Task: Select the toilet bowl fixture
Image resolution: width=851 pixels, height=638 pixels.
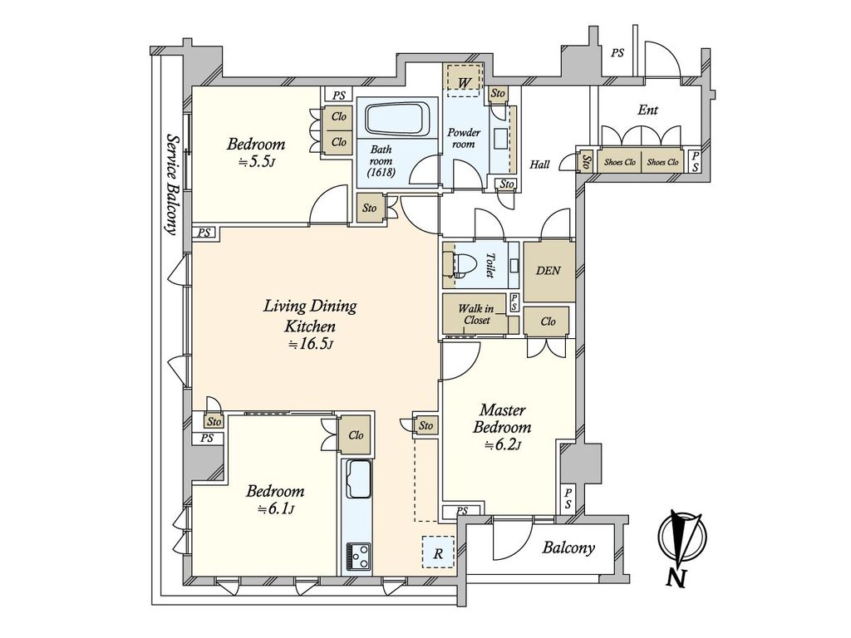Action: [x=460, y=266]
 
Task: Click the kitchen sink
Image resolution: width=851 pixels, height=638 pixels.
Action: [x=358, y=478]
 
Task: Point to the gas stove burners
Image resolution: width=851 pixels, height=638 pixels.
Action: [x=358, y=556]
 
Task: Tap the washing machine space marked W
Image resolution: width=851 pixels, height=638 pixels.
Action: [x=464, y=81]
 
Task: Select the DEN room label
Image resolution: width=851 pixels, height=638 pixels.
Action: [x=548, y=271]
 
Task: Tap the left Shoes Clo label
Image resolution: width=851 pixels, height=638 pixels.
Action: [x=619, y=162]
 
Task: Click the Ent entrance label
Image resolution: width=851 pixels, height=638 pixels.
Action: [x=647, y=110]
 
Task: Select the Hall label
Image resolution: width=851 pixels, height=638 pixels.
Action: [x=539, y=164]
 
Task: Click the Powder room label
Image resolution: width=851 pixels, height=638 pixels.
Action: [x=464, y=138]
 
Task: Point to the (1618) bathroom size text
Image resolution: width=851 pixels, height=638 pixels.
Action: [x=381, y=173]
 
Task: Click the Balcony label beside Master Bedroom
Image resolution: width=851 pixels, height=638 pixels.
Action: [x=568, y=548]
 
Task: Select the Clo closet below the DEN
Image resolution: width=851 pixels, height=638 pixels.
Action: [x=548, y=321]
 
